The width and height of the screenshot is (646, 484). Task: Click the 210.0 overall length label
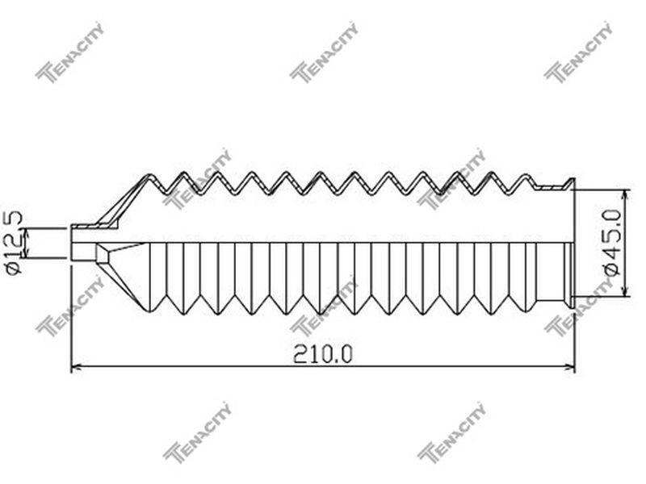[323, 354]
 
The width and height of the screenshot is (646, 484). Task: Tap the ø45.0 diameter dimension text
[611, 243]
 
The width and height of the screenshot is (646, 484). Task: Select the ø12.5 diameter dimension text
[14, 242]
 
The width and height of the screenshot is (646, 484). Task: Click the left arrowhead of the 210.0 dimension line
[77, 366]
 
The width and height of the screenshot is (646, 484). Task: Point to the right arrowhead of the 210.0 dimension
[570, 366]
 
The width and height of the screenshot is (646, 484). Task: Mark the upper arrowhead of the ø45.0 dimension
[627, 195]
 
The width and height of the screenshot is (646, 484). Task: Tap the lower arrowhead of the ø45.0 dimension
[627, 290]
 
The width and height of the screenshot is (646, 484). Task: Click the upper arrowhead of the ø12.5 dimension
[27, 232]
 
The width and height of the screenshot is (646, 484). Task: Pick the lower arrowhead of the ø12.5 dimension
[27, 253]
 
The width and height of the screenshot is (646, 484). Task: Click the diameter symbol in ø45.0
[612, 269]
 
